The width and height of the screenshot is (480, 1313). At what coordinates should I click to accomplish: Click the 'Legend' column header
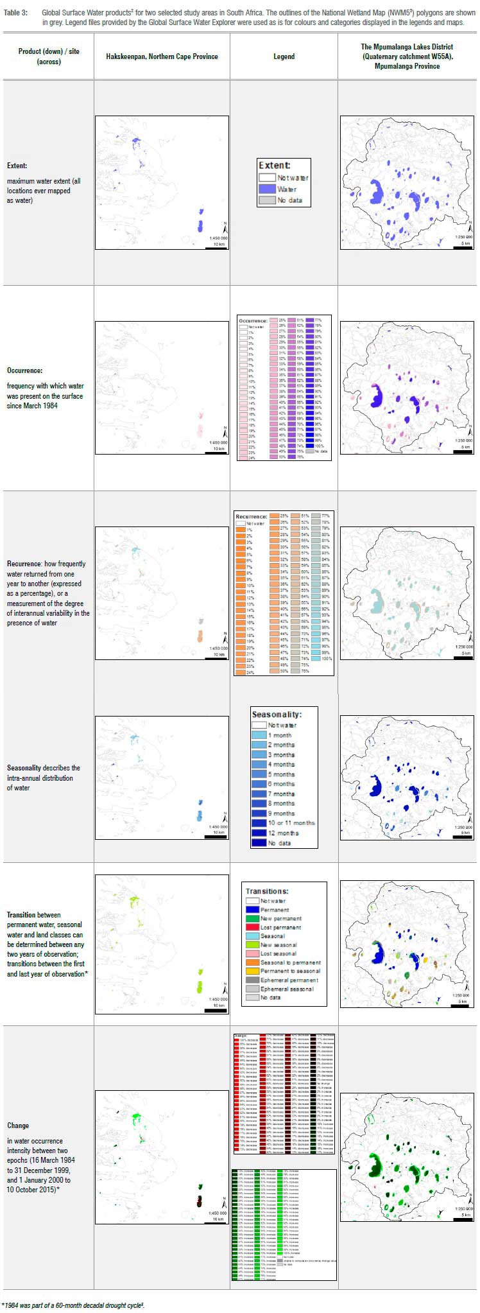(x=284, y=57)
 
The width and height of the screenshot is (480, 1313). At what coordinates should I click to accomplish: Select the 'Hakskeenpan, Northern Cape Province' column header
(x=162, y=57)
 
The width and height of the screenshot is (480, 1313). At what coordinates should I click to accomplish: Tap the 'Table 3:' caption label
(x=16, y=13)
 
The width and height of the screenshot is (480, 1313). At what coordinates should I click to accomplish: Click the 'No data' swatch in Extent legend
(x=267, y=200)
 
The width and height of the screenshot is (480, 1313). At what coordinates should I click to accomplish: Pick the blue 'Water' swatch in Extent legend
(x=267, y=189)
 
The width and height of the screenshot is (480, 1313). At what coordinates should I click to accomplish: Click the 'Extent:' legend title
(x=275, y=166)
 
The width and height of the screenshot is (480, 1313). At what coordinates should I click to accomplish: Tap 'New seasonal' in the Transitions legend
(x=279, y=945)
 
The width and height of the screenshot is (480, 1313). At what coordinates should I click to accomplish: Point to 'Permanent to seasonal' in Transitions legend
(x=290, y=971)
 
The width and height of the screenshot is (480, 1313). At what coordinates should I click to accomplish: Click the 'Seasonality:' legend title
(x=277, y=715)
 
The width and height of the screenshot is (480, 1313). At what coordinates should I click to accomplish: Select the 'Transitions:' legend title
(x=267, y=891)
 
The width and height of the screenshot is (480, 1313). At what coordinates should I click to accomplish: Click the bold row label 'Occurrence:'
(x=25, y=370)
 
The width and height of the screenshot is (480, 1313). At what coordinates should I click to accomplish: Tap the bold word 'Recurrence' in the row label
(x=24, y=564)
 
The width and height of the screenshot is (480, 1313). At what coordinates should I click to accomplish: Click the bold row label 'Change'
(x=18, y=1126)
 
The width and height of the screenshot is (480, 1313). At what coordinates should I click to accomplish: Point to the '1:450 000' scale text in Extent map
(x=218, y=238)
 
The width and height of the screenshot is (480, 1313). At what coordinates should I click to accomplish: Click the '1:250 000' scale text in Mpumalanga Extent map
(x=463, y=238)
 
